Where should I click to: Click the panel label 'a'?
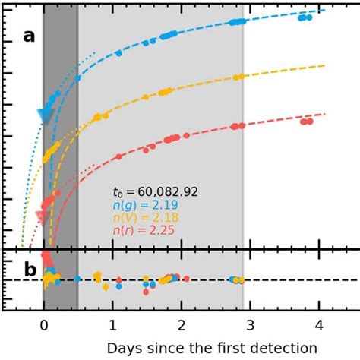pos(28,37)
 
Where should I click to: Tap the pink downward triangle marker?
pos(40,216)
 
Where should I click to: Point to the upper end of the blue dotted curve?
pos(95,52)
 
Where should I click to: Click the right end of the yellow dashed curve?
pos(324,66)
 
